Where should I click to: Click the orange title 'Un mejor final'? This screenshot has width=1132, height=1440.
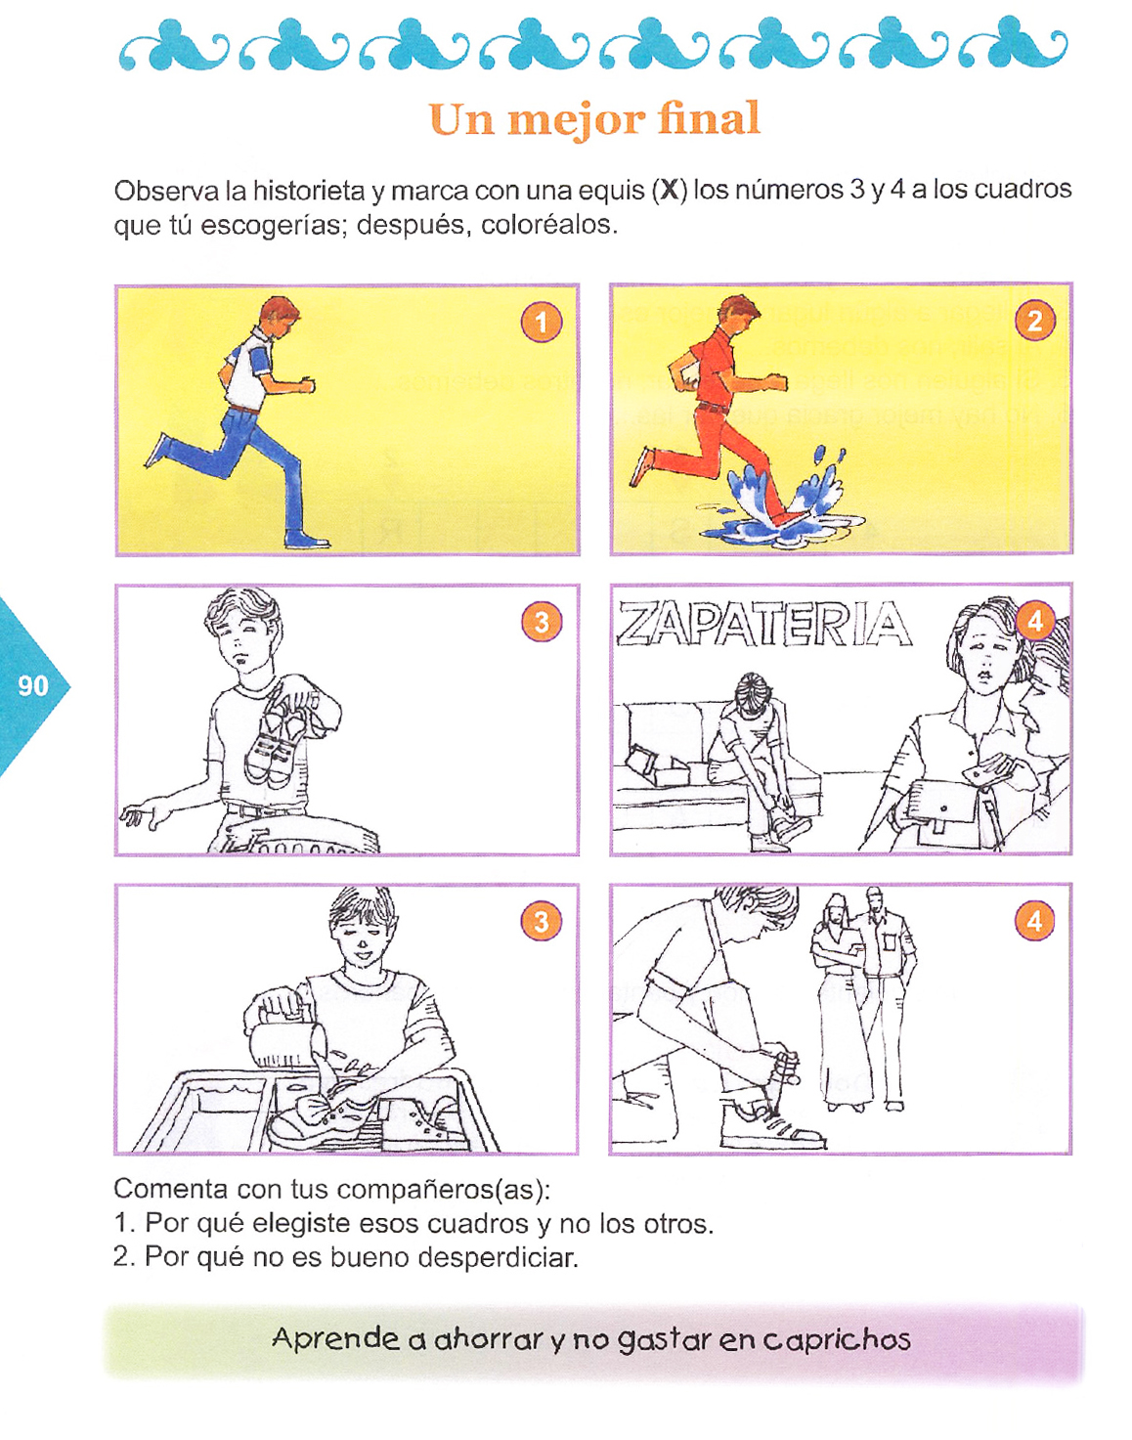pyautogui.click(x=594, y=119)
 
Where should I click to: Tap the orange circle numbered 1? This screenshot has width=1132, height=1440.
pyautogui.click(x=542, y=323)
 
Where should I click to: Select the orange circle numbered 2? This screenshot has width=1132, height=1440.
pyautogui.click(x=1034, y=321)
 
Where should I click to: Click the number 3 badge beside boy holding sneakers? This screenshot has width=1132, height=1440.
pyautogui.click(x=542, y=622)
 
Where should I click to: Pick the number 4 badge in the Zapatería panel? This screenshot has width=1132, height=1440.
pyautogui.click(x=1034, y=621)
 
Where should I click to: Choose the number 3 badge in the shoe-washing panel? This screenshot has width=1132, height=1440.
pyautogui.click(x=542, y=921)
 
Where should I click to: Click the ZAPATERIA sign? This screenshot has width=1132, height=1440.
pyautogui.click(x=763, y=624)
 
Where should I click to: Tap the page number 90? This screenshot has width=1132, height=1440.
pyautogui.click(x=33, y=686)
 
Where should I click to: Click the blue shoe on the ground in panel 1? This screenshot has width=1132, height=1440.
pyautogui.click(x=307, y=539)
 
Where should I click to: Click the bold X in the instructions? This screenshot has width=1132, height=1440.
pyautogui.click(x=669, y=191)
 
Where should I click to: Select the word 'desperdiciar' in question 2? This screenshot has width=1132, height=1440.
pyautogui.click(x=497, y=1259)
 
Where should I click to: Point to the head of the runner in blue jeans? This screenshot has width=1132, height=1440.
pyautogui.click(x=277, y=316)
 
